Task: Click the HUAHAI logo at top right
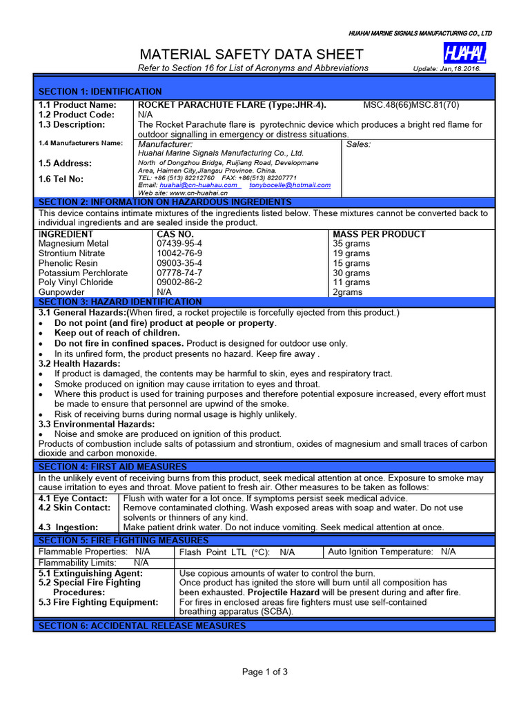point(464,52)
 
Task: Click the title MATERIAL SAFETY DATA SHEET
point(251,55)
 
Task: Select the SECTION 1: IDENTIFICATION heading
point(100,91)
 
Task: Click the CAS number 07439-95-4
point(179,244)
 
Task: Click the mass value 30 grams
point(351,273)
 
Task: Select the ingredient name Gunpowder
point(62,292)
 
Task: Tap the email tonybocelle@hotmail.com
point(290,185)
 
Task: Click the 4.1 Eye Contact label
point(73,498)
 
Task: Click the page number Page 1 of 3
point(264,672)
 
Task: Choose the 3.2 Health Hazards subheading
point(79,363)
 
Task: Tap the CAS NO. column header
point(176,234)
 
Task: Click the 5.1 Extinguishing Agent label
point(90,573)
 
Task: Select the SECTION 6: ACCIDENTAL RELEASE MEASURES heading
point(141,626)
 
